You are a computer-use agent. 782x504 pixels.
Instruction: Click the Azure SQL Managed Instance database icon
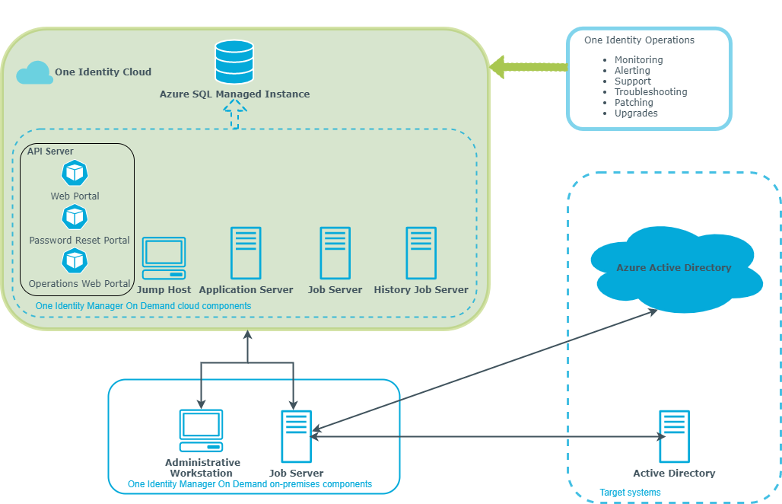point(234,62)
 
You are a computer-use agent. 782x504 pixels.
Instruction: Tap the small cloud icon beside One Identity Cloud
point(34,73)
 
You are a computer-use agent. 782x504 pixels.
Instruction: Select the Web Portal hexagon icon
point(75,173)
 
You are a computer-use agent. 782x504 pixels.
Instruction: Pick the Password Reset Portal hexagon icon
point(75,217)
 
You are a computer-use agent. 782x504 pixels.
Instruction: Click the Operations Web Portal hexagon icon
point(75,260)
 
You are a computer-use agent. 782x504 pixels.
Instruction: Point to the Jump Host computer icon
point(164,258)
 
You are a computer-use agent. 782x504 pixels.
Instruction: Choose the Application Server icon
point(246,253)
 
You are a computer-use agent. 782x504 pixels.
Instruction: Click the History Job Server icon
point(421,253)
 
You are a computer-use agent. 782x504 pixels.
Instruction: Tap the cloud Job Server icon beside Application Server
point(335,253)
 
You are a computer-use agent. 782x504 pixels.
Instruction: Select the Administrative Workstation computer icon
point(201,431)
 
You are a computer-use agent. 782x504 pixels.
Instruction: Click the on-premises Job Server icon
point(296,437)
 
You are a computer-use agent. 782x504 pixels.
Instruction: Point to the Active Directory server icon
point(674,437)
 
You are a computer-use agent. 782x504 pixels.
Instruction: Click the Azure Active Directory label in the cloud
point(674,267)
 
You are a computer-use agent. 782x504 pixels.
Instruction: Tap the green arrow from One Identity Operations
point(529,67)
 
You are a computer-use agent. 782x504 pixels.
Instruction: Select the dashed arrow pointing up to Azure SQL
point(235,113)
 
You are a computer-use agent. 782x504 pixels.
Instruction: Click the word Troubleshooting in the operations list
point(651,92)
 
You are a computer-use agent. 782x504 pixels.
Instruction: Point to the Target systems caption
point(630,493)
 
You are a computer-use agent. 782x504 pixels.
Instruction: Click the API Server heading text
point(50,152)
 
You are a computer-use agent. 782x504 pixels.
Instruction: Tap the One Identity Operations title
point(639,40)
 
